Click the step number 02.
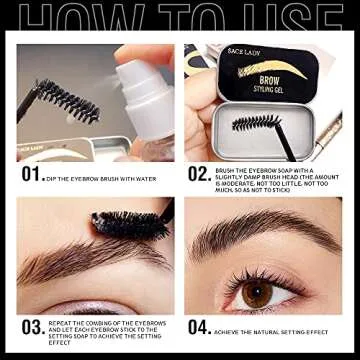[199, 173]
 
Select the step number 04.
[199, 326]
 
